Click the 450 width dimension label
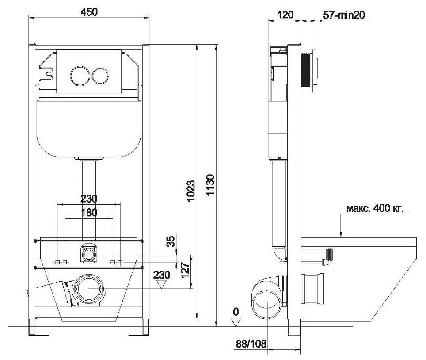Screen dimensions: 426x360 coord(89,12)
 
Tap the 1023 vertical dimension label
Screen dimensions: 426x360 coord(191,191)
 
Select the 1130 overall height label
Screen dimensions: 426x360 coord(210,185)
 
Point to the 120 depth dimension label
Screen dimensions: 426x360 coord(285,15)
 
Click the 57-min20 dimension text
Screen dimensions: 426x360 coord(344,15)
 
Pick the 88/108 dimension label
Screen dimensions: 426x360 coord(251,344)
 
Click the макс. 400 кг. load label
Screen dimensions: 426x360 coord(375,208)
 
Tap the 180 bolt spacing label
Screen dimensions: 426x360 coord(89,212)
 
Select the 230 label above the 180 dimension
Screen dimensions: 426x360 coord(89,199)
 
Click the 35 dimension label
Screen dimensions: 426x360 coord(171,241)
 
